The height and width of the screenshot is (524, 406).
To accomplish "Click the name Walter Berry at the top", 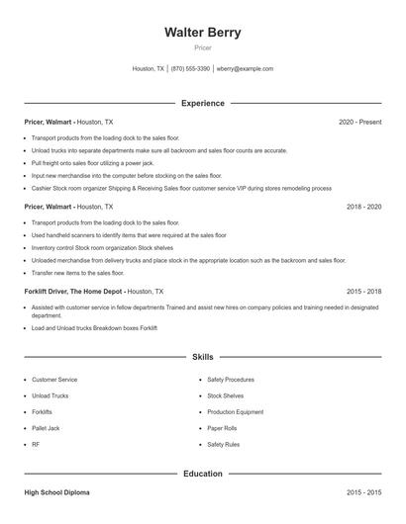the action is (203, 32).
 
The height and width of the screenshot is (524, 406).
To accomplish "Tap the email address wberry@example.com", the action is (245, 69).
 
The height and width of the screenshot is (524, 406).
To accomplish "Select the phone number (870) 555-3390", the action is (190, 69).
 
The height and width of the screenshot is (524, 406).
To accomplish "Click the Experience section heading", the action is (203, 103).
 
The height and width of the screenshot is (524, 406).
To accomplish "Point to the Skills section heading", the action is (203, 356).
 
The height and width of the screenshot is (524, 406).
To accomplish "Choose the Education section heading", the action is (203, 474).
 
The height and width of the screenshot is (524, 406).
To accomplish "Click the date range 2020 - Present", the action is (359, 122).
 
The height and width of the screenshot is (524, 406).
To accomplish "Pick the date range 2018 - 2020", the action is (363, 207).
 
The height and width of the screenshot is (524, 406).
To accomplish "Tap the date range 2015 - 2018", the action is (363, 292).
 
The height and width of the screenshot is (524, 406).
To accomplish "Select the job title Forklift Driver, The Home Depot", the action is (74, 292).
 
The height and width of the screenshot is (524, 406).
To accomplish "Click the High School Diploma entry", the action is (58, 491).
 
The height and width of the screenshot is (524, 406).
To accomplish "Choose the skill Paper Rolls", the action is (223, 428).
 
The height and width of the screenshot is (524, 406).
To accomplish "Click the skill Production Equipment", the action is (235, 411).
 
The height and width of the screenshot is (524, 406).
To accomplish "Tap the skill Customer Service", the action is (54, 379).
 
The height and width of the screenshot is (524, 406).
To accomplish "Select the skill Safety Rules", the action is (224, 445).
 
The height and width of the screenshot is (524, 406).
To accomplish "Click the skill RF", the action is (36, 445).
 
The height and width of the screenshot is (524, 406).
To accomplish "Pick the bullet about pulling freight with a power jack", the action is (93, 162).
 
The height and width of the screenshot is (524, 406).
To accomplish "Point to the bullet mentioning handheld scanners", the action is (129, 235).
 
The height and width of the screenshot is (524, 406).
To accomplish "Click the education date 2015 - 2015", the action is (363, 491).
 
